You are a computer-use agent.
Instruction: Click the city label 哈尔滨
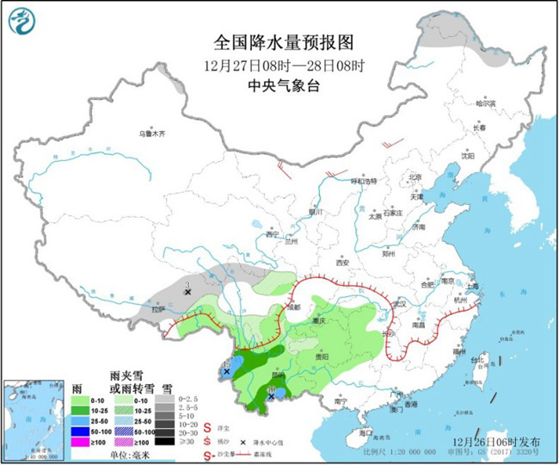(x=487, y=102)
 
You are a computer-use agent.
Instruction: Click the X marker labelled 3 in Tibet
(x=187, y=292)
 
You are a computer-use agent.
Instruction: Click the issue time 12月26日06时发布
(x=497, y=442)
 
